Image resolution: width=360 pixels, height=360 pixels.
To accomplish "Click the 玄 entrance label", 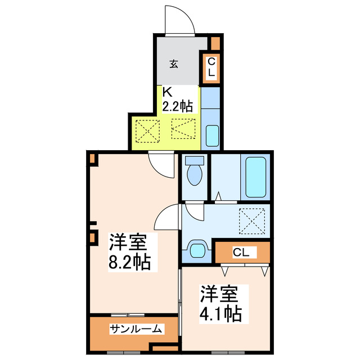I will pyautogui.click(x=174, y=64).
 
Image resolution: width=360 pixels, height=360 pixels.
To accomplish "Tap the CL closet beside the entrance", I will pyautogui.click(x=211, y=67).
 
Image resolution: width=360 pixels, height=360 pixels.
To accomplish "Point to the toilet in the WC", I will pyautogui.click(x=195, y=172).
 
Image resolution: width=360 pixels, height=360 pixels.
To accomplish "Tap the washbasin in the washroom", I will pyautogui.click(x=197, y=248).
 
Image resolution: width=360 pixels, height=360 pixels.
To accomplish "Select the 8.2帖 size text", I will pyautogui.click(x=129, y=262).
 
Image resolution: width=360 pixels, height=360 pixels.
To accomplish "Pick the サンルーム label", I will pyautogui.click(x=136, y=329).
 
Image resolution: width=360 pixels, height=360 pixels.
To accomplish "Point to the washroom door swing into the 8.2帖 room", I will pyautogui.click(x=168, y=217).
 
